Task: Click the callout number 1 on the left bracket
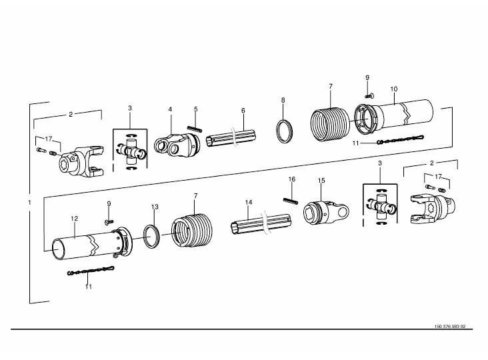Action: (x=29, y=203)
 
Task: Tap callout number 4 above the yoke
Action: (x=170, y=109)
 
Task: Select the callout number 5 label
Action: (x=196, y=109)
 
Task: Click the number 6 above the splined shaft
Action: (x=243, y=111)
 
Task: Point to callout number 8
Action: (x=283, y=100)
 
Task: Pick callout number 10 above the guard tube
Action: (x=394, y=89)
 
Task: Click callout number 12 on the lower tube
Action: (x=74, y=219)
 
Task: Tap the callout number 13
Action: (x=155, y=207)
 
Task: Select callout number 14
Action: (x=249, y=202)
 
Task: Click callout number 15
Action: (x=321, y=181)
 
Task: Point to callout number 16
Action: (x=291, y=179)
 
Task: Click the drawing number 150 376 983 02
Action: (x=450, y=327)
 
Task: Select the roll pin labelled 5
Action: (x=195, y=129)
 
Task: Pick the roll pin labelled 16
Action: (x=291, y=201)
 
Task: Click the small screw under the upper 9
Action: (x=369, y=96)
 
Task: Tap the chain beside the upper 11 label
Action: (x=401, y=139)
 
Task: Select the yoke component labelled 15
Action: (x=326, y=213)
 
